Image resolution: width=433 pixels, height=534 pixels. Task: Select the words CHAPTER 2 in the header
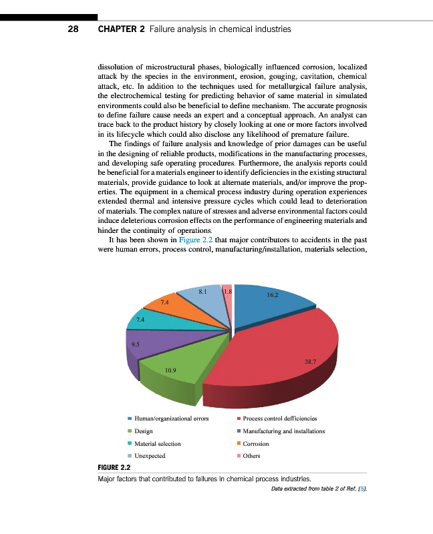click(122, 29)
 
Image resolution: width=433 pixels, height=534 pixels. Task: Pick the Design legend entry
click(144, 431)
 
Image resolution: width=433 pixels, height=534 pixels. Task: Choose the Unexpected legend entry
click(150, 455)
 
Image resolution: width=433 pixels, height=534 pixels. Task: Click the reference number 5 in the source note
click(363, 489)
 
